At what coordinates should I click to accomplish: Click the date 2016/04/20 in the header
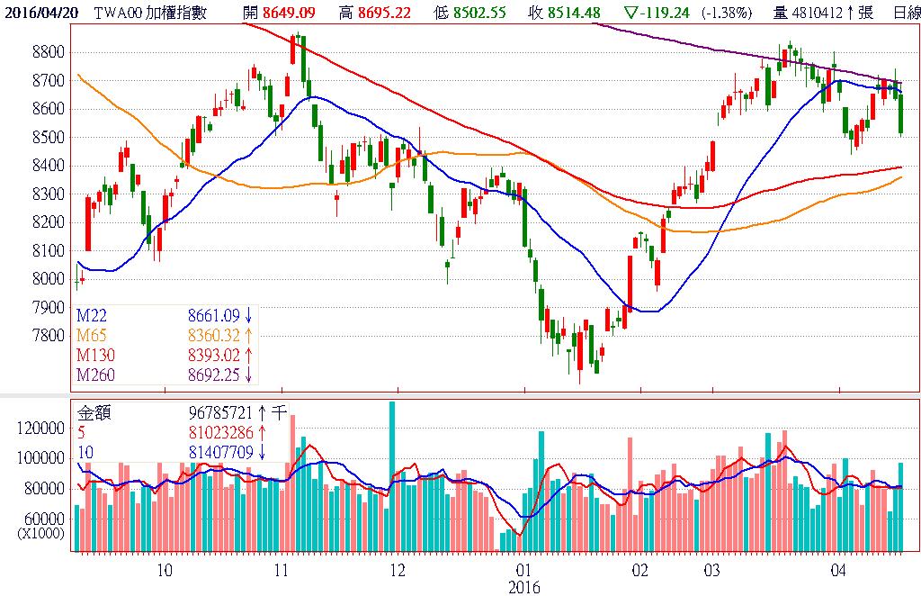tap(42, 12)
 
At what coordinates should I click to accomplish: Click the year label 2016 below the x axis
tap(523, 586)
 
